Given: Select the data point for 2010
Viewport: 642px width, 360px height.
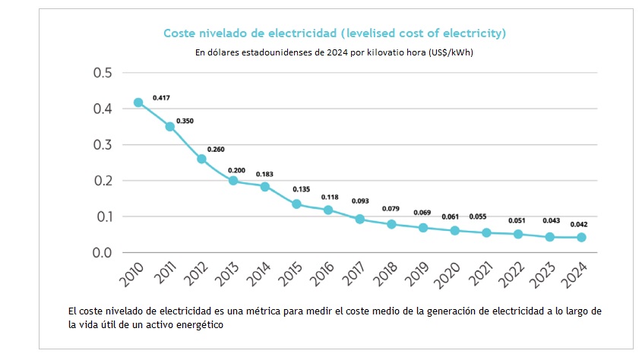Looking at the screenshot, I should [x=138, y=103].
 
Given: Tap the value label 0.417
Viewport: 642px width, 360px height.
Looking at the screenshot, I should [x=161, y=98].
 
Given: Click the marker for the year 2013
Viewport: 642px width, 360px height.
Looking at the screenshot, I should [x=233, y=181].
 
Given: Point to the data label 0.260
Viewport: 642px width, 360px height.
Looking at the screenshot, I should [x=216, y=150].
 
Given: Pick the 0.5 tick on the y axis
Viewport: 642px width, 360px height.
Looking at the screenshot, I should [x=102, y=73].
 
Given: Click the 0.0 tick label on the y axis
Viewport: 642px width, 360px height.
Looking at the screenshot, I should [x=102, y=253].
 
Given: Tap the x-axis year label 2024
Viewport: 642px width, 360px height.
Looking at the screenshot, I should [x=576, y=278].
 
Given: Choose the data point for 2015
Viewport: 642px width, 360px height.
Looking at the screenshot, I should [x=296, y=204].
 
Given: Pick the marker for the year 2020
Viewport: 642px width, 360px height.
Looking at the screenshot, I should [x=455, y=230].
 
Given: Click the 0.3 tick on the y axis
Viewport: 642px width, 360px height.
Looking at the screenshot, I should [x=102, y=145].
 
